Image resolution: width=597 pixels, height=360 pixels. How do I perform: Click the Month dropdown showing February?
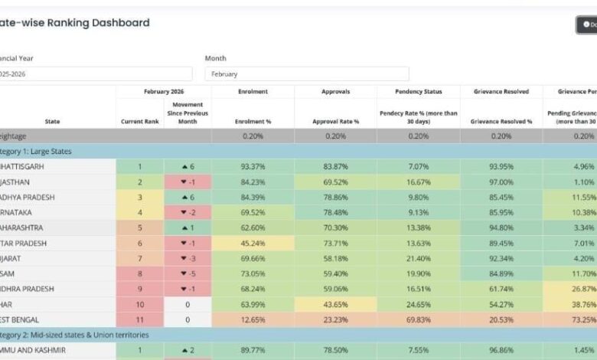pos(306,74)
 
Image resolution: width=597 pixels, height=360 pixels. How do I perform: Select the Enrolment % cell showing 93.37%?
pos(253,166)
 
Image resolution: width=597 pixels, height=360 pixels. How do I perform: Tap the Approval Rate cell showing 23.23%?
pos(335,319)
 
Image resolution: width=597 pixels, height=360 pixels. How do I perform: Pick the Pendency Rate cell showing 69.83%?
pos(418,319)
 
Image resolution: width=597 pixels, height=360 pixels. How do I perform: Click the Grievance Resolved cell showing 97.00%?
pos(501,182)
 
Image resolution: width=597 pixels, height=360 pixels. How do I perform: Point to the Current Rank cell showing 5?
pos(139,227)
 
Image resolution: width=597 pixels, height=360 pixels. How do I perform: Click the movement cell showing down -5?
pos(188,273)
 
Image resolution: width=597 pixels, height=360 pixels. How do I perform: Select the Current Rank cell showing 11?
pos(139,319)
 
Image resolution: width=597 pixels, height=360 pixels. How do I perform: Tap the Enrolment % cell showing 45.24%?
pos(253,243)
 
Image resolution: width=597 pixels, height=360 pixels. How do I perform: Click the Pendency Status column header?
pos(418,91)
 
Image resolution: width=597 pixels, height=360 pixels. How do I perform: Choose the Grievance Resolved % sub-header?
pos(501,121)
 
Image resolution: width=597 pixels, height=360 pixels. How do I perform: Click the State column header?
pos(52,121)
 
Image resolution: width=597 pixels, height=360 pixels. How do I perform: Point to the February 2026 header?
pos(163,91)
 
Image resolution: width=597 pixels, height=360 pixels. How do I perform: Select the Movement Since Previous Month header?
pos(188,112)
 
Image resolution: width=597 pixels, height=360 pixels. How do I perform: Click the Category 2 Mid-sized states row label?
pos(75,335)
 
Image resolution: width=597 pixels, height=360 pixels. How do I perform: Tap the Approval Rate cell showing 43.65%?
pos(335,304)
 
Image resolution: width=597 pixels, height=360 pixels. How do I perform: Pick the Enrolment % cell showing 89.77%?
pos(253,350)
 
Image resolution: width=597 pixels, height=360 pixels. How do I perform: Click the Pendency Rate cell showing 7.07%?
pos(418,166)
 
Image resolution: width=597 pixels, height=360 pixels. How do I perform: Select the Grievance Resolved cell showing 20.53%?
pos(501,319)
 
